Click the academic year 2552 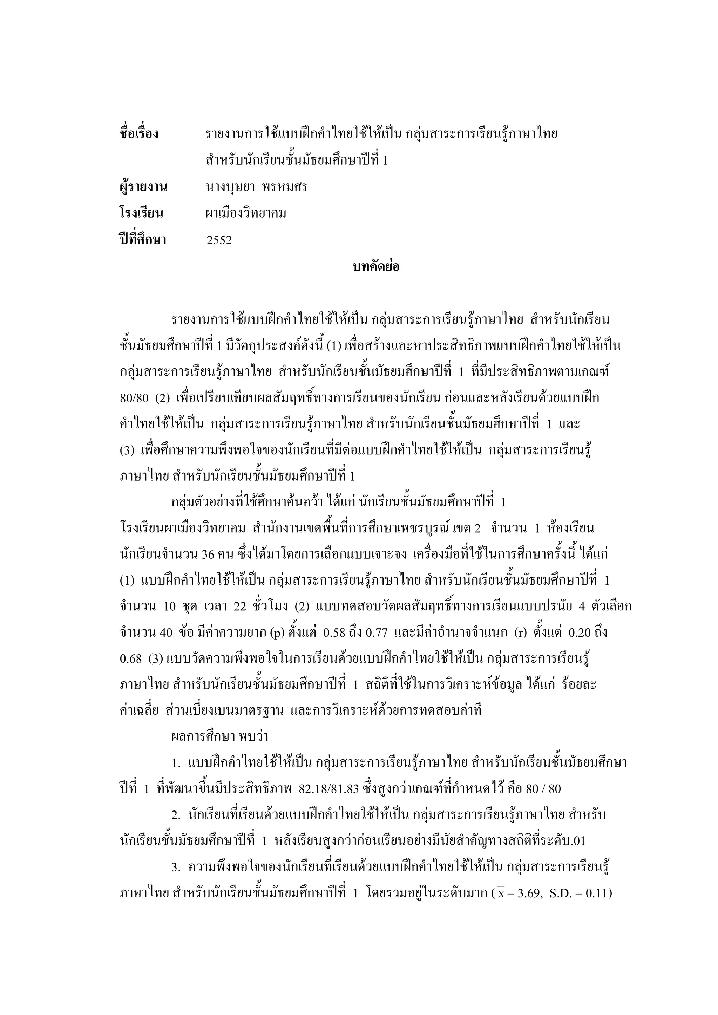click(x=219, y=241)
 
